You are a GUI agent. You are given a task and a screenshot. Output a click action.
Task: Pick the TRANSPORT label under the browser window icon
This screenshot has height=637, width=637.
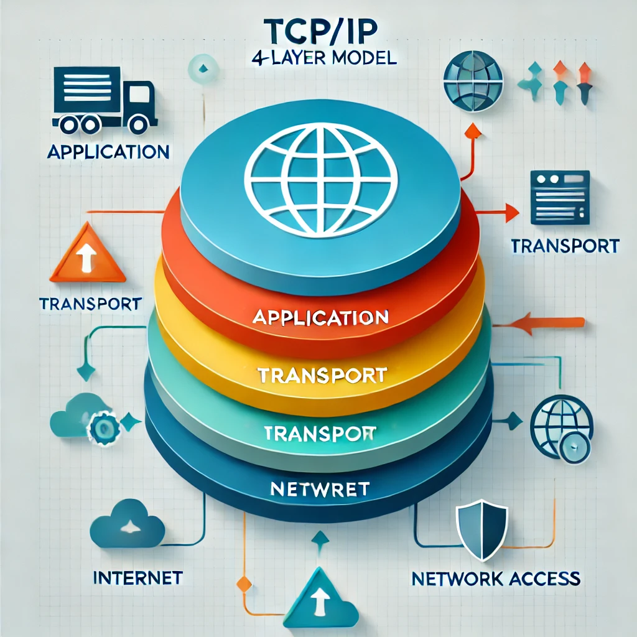point(565,246)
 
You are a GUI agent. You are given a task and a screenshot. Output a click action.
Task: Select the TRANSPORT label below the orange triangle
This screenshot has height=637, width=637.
point(90,304)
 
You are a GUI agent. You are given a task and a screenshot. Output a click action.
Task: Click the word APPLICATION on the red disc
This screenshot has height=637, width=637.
point(320,317)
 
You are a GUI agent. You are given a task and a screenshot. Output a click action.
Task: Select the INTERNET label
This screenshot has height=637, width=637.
point(137,578)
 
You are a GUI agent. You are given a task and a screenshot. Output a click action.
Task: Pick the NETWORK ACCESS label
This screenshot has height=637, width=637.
point(496,578)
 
